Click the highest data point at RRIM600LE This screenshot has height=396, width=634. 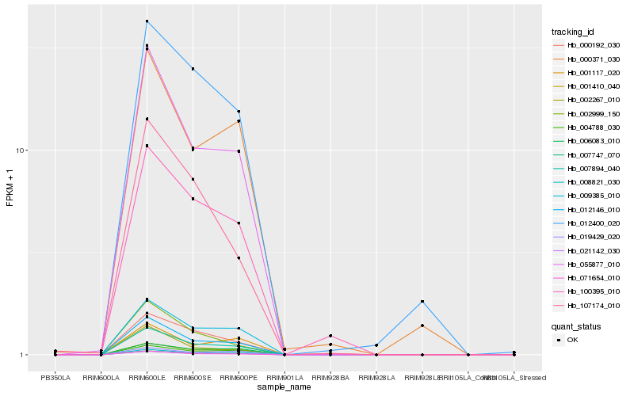[147, 21]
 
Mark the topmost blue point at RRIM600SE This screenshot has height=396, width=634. [193, 69]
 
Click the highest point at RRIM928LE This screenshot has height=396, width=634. [422, 302]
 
